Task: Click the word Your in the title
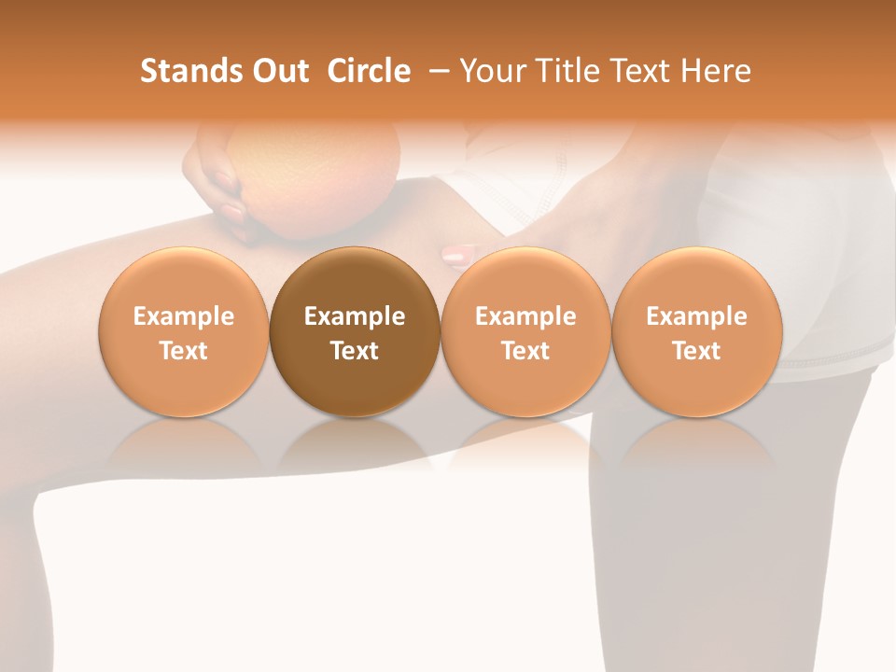489,71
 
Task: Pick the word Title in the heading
559,71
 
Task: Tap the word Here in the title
714,71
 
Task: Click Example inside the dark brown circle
355,316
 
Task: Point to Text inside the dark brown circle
355,351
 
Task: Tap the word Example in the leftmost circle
183,316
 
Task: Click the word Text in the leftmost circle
183,351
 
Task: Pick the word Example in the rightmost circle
696,316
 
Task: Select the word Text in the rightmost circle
696,351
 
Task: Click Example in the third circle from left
525,316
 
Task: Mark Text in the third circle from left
525,351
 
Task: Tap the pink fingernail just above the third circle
457,255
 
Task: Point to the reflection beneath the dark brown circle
355,443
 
